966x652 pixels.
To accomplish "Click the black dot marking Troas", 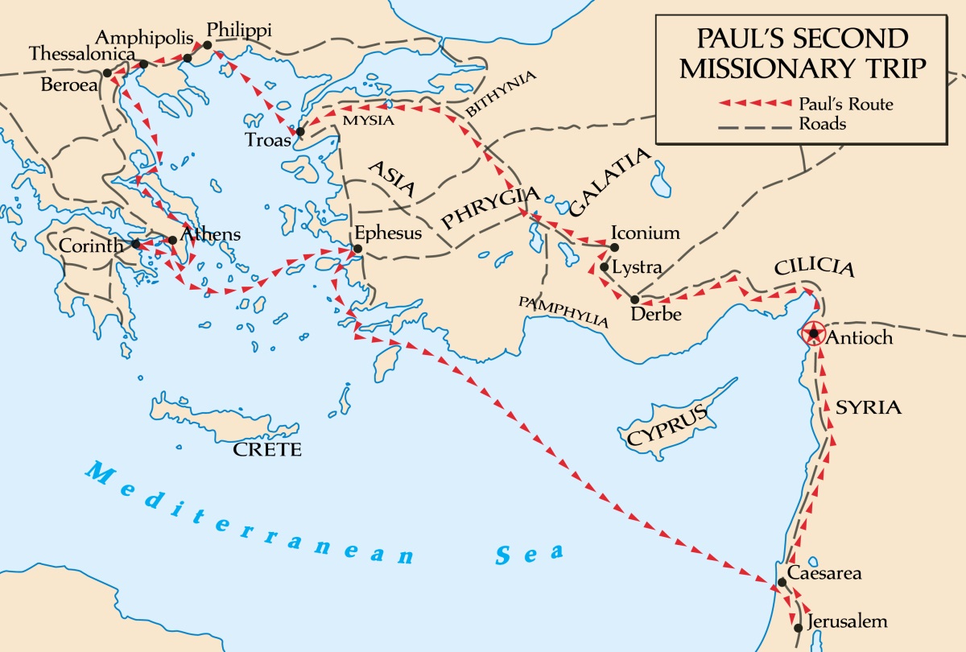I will pos(300,131).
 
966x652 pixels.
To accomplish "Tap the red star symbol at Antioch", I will pos(815,333).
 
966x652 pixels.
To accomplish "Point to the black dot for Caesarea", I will pos(782,582).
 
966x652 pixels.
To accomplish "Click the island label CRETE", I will pos(267,449).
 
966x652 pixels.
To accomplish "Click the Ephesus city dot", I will pos(357,248).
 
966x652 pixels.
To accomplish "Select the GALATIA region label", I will pos(609,184).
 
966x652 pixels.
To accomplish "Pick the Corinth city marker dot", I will pos(136,243).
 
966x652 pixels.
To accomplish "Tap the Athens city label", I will pos(211,234).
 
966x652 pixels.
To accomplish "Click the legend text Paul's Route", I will pos(845,104).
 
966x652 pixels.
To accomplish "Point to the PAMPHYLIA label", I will pos(563,312).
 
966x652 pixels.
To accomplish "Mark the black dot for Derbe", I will pos(634,299).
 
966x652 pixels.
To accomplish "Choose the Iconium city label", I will pos(646,233).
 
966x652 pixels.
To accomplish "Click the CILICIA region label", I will pos(814,269).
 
